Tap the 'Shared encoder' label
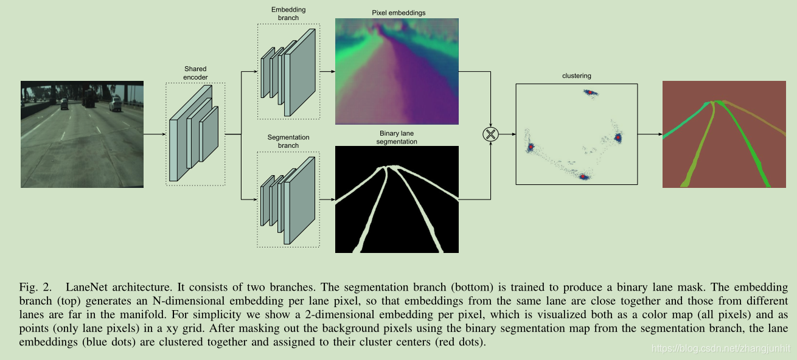(195, 73)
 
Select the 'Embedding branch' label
(288, 14)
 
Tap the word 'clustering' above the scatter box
(576, 76)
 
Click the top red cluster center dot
(589, 92)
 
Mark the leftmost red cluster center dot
(531, 147)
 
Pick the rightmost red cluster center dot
(618, 138)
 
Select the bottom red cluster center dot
(584, 177)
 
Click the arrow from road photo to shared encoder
(155, 134)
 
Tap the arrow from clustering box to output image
(650, 134)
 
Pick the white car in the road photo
(116, 106)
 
